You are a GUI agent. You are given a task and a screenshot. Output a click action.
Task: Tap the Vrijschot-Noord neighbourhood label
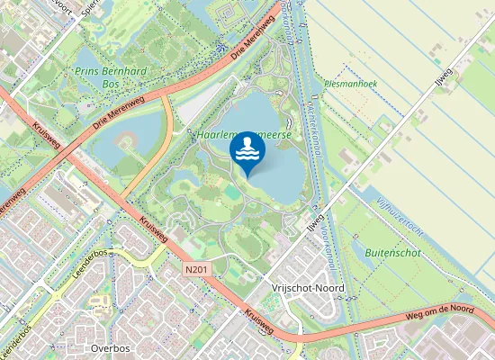307,288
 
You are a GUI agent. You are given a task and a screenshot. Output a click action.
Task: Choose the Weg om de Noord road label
439,310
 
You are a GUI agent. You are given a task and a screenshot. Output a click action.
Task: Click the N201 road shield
197,269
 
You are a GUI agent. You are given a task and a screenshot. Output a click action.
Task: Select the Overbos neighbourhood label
111,347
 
